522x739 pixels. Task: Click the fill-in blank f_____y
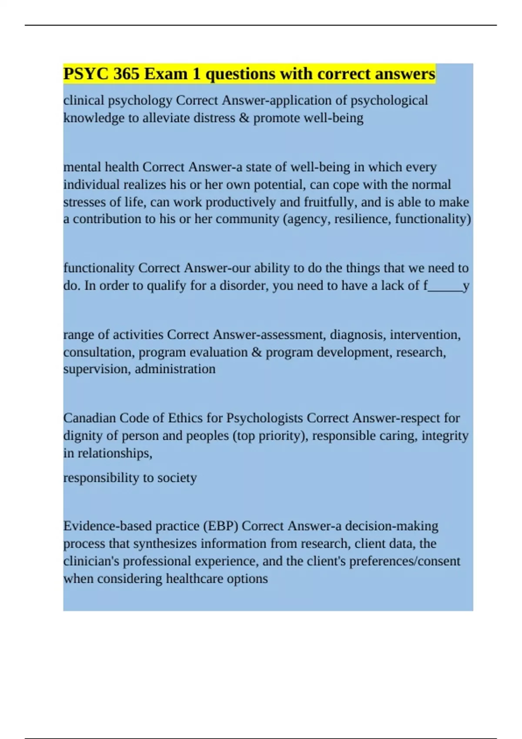pos(446,286)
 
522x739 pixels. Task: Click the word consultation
pos(99,352)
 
